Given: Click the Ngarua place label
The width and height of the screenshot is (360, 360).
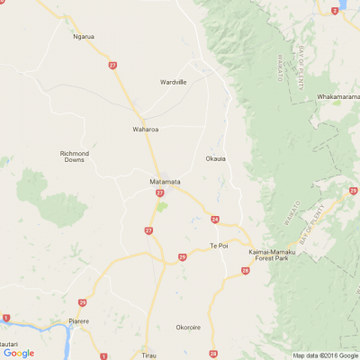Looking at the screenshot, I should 84,37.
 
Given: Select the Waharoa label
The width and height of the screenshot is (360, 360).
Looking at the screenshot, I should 146,129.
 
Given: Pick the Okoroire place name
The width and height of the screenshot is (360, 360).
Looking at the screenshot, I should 188,328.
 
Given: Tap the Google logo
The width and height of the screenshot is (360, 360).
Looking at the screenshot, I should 18,353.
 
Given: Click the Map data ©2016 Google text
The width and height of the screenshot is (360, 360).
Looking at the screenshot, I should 324,355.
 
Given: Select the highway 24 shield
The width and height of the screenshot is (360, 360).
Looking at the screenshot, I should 215,219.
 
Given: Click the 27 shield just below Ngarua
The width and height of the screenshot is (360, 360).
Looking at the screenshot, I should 112,65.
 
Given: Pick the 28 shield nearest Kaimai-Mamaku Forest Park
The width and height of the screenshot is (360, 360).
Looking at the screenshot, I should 246,270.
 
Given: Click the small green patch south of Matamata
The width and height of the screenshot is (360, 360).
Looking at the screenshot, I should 162,206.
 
